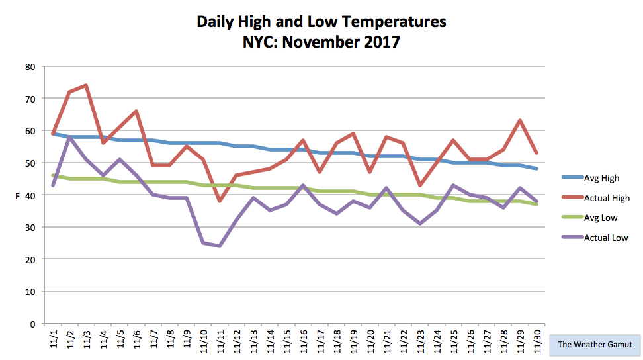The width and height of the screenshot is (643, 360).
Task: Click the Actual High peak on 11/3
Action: coord(86,85)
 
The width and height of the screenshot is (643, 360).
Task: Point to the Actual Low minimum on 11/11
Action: coord(220,246)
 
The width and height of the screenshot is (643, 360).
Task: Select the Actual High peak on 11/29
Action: coord(520,120)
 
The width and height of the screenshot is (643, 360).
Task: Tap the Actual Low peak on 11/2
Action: coord(69,137)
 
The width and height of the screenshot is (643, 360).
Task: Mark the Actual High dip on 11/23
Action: coord(420,185)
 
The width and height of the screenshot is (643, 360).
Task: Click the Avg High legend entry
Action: coord(591,178)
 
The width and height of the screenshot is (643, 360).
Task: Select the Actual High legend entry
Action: coord(596,198)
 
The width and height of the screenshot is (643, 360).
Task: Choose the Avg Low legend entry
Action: coord(589,218)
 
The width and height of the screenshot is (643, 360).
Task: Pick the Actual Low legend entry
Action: coord(595,238)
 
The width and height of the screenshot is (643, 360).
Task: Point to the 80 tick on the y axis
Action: coord(30,67)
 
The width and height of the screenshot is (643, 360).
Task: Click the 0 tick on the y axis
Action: coord(33,324)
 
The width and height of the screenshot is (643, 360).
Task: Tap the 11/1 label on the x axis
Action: coord(54,338)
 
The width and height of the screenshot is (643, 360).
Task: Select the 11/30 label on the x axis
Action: coord(536,340)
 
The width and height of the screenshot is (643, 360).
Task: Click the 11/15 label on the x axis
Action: coord(286,340)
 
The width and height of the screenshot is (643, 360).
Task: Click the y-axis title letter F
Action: coord(18,196)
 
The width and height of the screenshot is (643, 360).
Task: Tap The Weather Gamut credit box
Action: coord(595,344)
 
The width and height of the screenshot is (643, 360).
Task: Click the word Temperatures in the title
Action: coord(394,22)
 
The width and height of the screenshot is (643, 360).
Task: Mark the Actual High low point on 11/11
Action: coord(220,201)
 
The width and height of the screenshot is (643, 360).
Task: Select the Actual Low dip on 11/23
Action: coord(420,224)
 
